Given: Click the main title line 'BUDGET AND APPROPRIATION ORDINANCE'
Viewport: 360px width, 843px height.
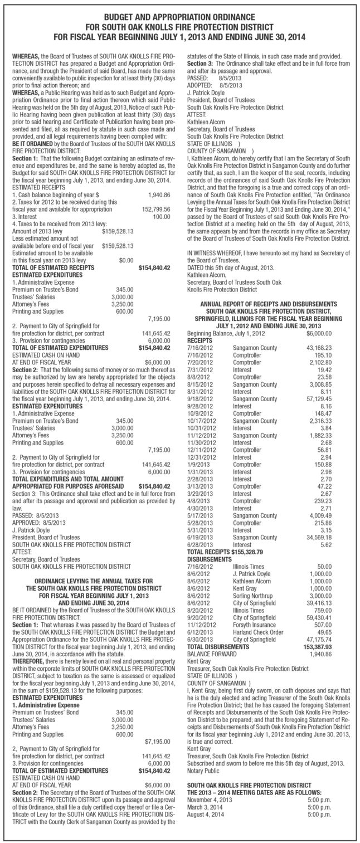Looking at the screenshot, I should [180, 17].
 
